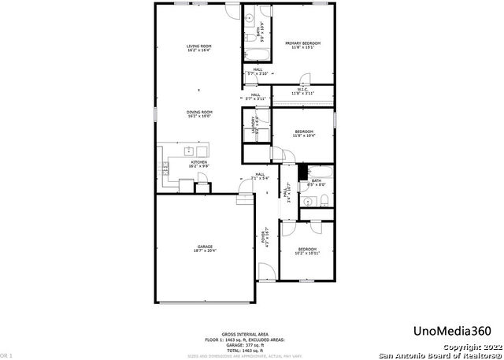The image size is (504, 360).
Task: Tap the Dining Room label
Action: pyautogui.click(x=199, y=115)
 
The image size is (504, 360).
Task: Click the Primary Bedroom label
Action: pyautogui.click(x=303, y=45)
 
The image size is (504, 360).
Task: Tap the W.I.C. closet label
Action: pyautogui.click(x=303, y=91)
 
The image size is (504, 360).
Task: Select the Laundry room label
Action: pyautogui.click(x=254, y=124)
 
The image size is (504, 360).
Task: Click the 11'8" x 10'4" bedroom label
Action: pyautogui.click(x=304, y=133)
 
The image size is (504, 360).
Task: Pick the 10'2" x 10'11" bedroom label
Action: pyautogui.click(x=309, y=251)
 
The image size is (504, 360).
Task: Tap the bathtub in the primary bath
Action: pyautogui.click(x=256, y=54)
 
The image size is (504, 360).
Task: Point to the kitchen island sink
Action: pyautogui.click(x=189, y=150)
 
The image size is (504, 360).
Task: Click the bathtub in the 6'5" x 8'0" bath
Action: pyautogui.click(x=317, y=171)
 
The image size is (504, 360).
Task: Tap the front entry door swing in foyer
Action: pyautogui.click(x=267, y=272)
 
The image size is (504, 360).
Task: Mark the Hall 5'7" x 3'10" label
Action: pyautogui.click(x=258, y=72)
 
